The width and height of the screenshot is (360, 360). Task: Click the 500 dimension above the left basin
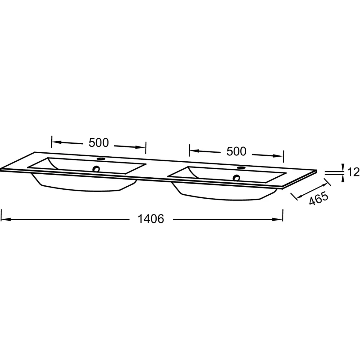pyautogui.click(x=99, y=143)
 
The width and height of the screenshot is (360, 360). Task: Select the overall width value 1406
pyautogui.click(x=151, y=219)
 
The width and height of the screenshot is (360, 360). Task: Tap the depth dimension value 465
pyautogui.click(x=318, y=198)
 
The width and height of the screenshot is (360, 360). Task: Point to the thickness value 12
pyautogui.click(x=353, y=172)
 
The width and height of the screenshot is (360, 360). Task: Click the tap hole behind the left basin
pyautogui.click(x=101, y=159)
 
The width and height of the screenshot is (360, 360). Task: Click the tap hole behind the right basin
pyautogui.click(x=241, y=168)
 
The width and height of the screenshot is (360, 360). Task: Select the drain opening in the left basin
pyautogui.click(x=96, y=169)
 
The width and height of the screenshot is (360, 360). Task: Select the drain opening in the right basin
pyautogui.click(x=236, y=178)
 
